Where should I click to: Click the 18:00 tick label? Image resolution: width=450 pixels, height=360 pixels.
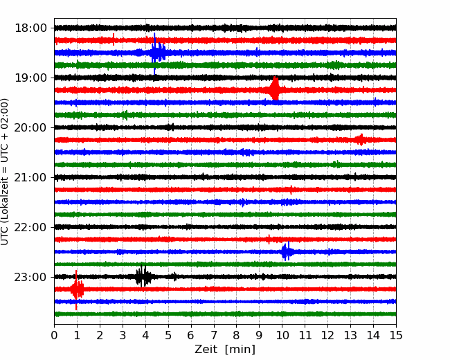point(30,28)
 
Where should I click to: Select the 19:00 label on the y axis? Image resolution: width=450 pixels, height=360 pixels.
point(30,78)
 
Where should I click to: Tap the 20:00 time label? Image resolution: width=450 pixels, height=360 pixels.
point(30,127)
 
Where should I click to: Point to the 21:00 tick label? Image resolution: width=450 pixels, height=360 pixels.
point(30,177)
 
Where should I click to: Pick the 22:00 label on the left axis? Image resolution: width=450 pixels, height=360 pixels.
point(30,227)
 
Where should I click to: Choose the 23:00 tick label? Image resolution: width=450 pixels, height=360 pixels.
point(30,277)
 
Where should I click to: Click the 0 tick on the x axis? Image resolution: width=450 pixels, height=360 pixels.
point(54,335)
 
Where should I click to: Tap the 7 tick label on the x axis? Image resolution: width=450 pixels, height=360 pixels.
point(214,335)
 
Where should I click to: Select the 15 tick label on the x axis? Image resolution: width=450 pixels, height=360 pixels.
point(396,335)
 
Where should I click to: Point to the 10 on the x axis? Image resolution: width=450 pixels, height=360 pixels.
point(282,335)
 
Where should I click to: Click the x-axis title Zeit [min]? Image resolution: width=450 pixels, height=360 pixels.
point(225,350)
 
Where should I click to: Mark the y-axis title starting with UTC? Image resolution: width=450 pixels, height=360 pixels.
point(5,172)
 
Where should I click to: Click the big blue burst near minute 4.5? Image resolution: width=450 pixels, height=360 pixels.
point(156,53)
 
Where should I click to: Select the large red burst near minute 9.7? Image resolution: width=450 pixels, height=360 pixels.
point(275,89)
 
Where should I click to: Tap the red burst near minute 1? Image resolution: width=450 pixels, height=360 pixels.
point(77,289)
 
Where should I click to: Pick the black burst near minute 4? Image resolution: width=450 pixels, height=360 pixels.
point(143,276)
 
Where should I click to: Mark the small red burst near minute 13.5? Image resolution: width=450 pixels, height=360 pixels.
point(361,140)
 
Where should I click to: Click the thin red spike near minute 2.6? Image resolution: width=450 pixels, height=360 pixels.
point(114,39)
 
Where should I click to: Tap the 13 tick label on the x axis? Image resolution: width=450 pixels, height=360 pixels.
point(350,335)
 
